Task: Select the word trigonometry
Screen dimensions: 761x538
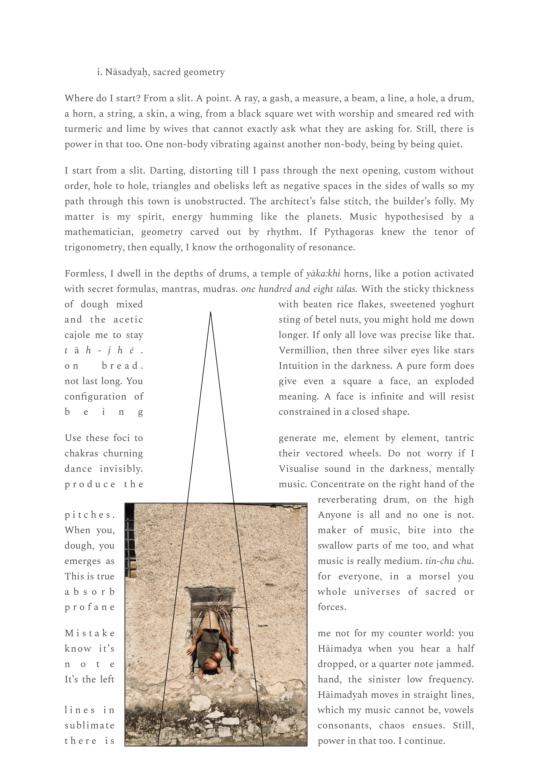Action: point(93,248)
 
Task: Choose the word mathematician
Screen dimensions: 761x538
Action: point(99,232)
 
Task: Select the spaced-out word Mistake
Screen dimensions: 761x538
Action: point(90,633)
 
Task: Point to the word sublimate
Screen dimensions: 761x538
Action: point(90,726)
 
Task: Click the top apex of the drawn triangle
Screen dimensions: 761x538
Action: point(210,312)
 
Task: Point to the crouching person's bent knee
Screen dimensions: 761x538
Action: point(217,657)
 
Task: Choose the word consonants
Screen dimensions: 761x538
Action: point(344,726)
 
